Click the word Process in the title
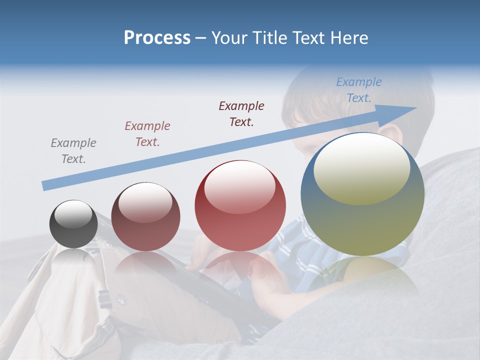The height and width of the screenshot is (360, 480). point(157,37)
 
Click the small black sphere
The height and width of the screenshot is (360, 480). point(73,224)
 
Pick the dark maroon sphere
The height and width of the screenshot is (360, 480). point(145,217)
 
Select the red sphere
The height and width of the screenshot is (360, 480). point(240,205)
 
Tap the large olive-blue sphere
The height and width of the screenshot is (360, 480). point(362,194)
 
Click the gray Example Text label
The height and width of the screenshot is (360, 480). point(73,151)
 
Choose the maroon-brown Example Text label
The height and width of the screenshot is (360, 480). point(147,134)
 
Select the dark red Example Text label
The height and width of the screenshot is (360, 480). point(241,113)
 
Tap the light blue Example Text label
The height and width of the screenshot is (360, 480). point(359,90)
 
